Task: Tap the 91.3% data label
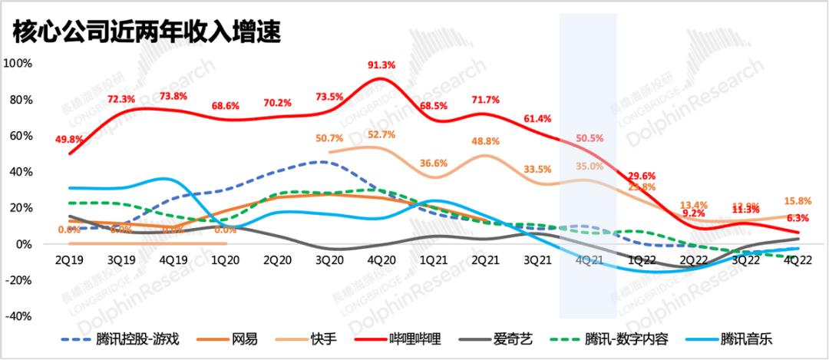(381, 65)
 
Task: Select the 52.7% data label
(381, 135)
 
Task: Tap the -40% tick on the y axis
(18, 315)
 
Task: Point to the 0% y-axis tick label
(22, 244)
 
